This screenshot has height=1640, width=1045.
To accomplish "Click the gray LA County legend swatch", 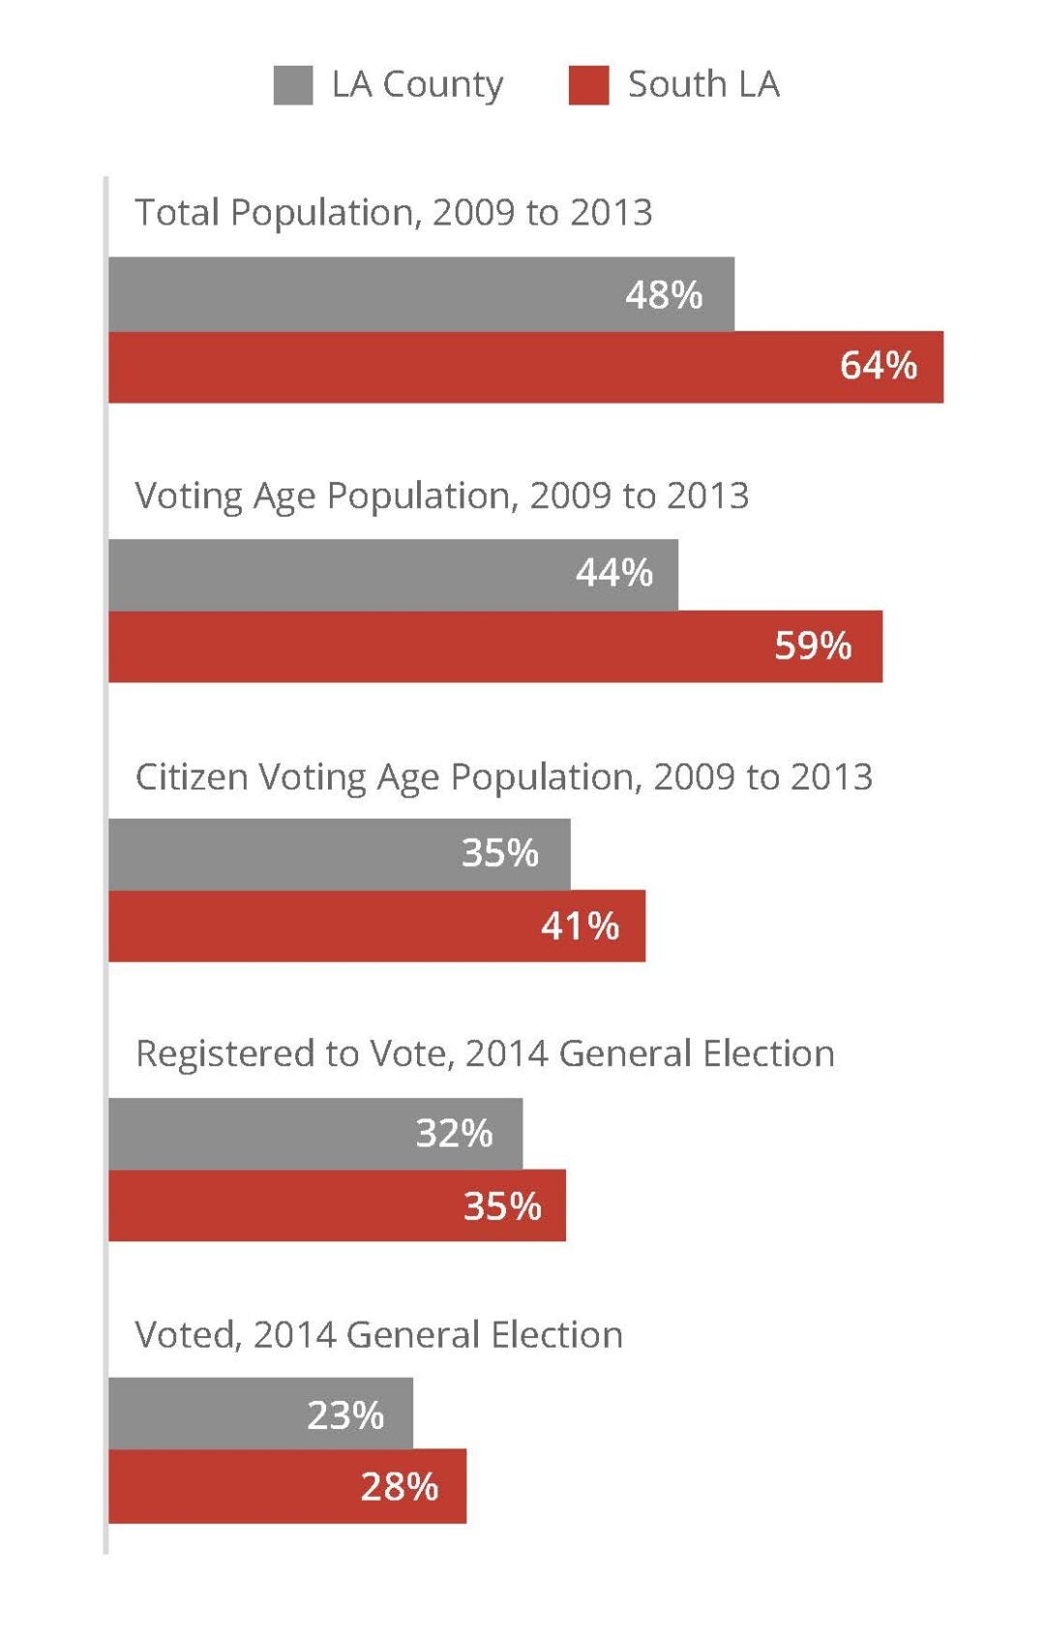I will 293,85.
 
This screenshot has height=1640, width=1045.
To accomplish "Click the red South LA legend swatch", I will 588,85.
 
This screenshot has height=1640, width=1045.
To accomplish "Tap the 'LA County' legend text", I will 417,85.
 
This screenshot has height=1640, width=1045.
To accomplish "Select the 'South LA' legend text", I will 703,84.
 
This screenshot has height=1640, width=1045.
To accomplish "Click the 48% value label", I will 664,294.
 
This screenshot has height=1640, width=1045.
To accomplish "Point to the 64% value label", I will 878,366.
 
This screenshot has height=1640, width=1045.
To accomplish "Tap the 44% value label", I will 614,573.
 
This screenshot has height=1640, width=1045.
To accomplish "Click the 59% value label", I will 813,645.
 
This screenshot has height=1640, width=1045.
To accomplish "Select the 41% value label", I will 580,926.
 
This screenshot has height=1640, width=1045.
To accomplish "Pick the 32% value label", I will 454,1133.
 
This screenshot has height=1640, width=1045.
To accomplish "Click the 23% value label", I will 345,1416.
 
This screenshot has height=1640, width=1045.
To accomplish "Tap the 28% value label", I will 400,1487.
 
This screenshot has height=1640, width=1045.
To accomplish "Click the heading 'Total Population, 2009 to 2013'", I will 393,213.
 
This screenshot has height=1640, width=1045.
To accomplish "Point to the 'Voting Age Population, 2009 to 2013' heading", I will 441,495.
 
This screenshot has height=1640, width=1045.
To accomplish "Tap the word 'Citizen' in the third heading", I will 191,777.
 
